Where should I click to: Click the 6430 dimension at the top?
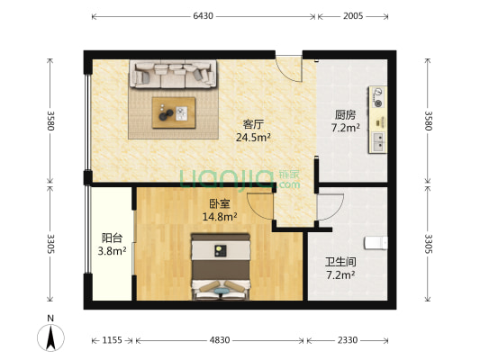pos(203,16)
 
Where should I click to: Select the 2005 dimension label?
pos(352,16)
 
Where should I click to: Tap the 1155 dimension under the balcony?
pos(112,339)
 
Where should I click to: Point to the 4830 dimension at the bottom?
pos(220,339)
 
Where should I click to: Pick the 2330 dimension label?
pos(347,339)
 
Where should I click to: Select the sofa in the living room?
pos(173,74)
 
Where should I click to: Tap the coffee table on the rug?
pos(174,112)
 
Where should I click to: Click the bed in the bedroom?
pos(220,265)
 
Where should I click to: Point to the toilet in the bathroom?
pos(376,242)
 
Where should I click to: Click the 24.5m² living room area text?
pos(253,138)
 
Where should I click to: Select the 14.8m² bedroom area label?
pos(219,216)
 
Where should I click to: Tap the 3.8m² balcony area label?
pos(111,252)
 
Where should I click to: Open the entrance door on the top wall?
pos(290,67)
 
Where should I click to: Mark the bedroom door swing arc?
pos(260,206)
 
